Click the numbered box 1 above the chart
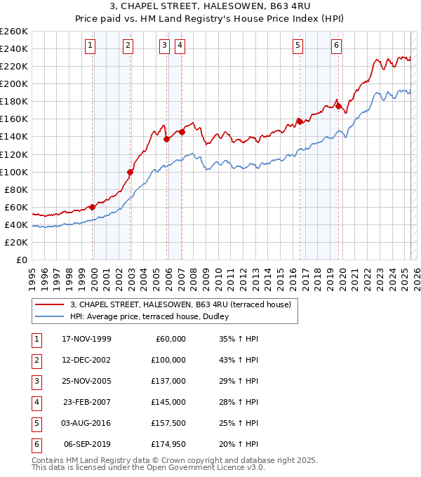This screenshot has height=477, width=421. [x=91, y=46]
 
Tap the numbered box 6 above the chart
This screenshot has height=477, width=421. [x=337, y=46]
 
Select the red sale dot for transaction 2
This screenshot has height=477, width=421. [x=130, y=172]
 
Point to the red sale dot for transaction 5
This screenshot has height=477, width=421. [x=300, y=121]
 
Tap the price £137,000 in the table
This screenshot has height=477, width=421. [x=170, y=381]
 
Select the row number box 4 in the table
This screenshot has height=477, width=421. [x=35, y=402]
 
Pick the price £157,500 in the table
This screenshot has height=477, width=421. [x=170, y=423]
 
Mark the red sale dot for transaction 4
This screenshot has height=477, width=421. [x=182, y=132]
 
